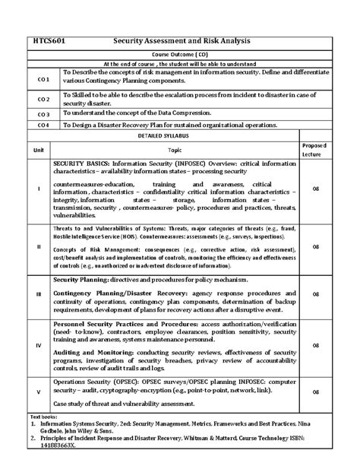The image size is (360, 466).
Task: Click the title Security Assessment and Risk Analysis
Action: (186, 40)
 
